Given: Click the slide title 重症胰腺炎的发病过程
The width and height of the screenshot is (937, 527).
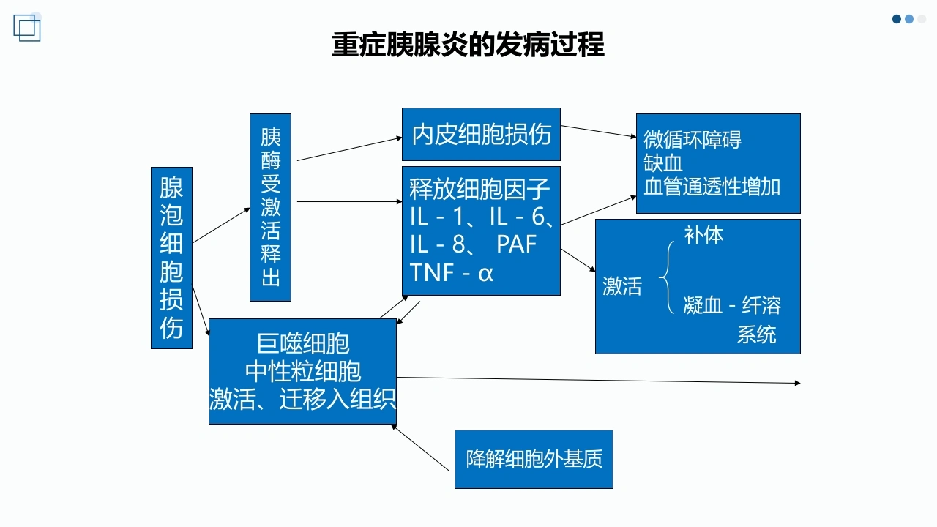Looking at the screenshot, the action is coord(468,45).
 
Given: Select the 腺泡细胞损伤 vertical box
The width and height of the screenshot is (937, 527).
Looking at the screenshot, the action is coord(171,258).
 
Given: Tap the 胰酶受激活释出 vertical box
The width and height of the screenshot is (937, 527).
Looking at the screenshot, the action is coord(270,207).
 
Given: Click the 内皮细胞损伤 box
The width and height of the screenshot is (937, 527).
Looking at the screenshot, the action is coord(481,134).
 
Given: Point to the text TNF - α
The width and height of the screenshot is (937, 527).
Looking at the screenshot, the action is coord(452,273).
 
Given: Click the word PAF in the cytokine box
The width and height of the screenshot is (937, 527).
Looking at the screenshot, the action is coord(516,244).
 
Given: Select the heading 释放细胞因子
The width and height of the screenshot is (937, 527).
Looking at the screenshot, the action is coord(479,189).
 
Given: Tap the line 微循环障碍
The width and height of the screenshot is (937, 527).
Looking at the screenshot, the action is coord(693,139).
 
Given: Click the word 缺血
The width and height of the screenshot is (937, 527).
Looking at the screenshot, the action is coord(663,162).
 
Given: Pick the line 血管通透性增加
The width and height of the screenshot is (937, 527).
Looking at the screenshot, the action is coord(712,187).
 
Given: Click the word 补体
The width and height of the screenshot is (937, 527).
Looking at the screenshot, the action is coord(703,235).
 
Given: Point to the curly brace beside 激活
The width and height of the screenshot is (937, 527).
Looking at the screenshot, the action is coord(666,277).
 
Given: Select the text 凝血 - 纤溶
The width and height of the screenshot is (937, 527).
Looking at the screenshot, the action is coord(732,305).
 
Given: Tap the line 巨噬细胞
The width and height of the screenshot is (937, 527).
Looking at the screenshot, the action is coord(303,343).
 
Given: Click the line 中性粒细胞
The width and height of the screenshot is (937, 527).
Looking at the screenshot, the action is coord(303,371).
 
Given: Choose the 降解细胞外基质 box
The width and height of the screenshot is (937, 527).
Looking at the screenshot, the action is coord(534,459).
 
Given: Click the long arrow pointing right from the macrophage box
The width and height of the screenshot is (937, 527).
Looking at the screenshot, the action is coord(598,380).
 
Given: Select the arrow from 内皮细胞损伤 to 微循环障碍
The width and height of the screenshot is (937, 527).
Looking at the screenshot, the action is coord(598,131).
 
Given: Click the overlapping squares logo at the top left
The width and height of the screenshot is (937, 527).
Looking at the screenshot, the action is coord(27,28).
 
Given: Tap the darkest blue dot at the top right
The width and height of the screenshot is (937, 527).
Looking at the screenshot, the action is coord(897,19).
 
